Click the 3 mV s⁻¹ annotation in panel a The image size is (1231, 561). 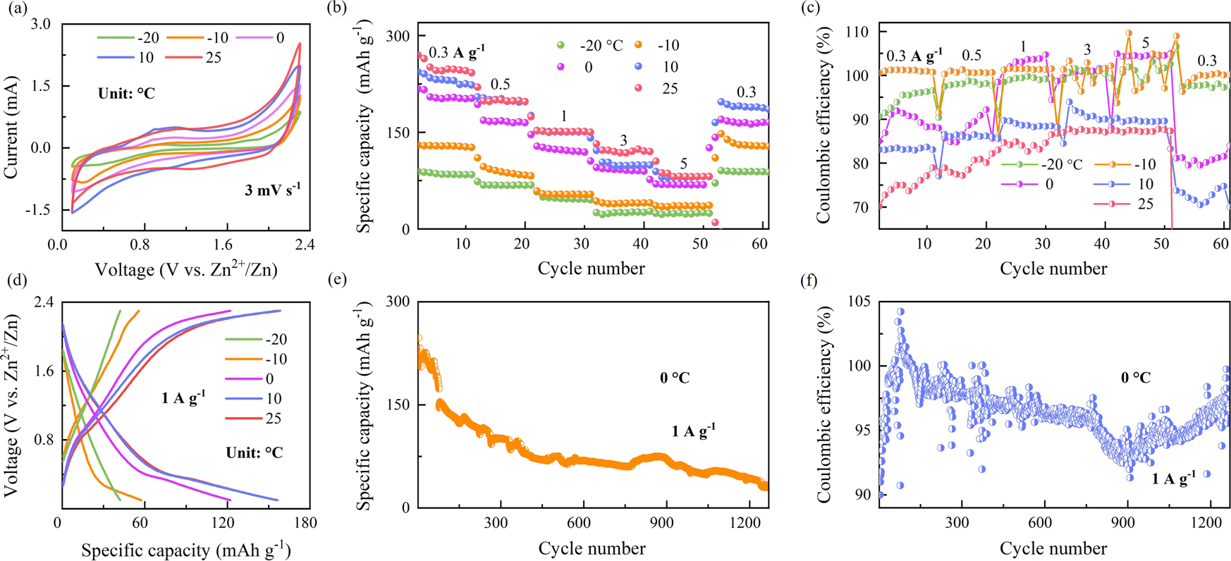pos(269,187)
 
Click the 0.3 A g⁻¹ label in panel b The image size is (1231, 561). pos(457,52)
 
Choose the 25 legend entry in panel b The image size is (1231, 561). pos(670,88)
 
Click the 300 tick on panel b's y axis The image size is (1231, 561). pos(400,35)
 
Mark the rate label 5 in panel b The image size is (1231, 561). pos(683,164)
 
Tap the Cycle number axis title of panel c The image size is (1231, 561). pos(1053,269)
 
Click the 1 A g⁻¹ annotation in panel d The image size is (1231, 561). pos(183,397)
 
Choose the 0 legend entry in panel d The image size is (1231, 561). pos(269,378)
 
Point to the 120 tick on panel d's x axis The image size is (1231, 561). pos(224,524)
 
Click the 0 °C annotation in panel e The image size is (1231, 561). pos(674,378)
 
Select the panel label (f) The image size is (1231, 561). pos(812,280)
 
